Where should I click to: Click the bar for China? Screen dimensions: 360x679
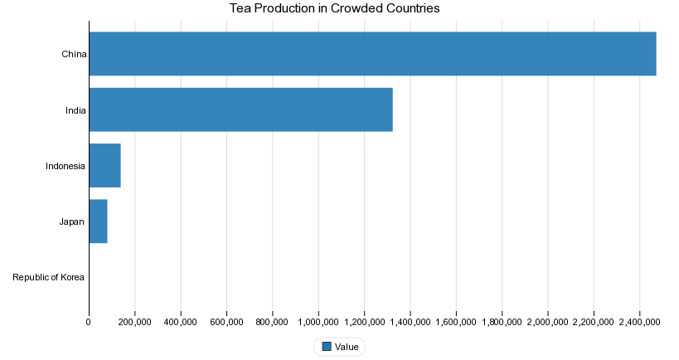tap(372, 54)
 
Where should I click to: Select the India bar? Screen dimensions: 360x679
tap(240, 109)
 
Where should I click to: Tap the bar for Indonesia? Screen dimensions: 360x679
tap(104, 165)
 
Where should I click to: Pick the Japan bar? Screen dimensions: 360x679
tap(98, 221)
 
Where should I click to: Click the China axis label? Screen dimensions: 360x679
tap(74, 55)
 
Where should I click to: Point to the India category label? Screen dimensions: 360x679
tap(75, 110)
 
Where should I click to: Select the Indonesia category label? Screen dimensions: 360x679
tap(65, 166)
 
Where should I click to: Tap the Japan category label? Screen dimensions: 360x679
tap(71, 221)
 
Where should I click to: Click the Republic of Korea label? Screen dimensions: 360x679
tap(49, 277)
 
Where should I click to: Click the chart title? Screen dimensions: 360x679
tap(334, 8)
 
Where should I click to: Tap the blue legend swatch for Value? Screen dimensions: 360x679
tap(326, 347)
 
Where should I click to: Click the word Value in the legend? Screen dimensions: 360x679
tap(347, 347)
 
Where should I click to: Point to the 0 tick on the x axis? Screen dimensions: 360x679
tap(89, 322)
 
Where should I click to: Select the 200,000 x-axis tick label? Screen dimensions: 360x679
tap(134, 322)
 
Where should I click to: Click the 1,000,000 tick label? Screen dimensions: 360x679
tap(318, 322)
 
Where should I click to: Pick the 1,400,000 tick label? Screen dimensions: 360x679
tap(410, 322)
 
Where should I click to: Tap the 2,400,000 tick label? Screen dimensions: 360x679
tap(638, 322)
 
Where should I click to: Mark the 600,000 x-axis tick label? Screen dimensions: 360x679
tap(226, 322)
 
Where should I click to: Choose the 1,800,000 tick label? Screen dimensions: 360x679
tap(501, 322)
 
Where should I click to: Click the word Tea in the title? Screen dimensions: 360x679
tap(240, 8)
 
